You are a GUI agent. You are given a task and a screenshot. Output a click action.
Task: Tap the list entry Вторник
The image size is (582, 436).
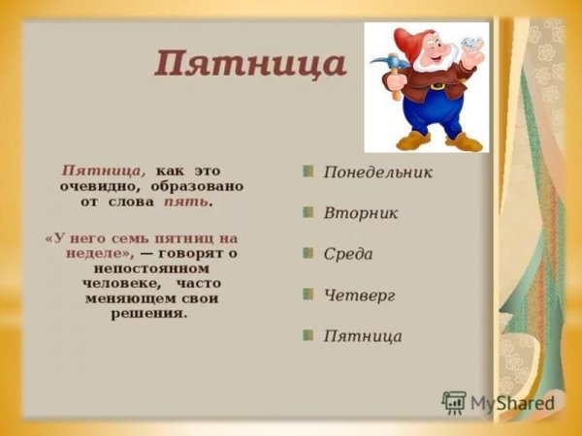click(361, 213)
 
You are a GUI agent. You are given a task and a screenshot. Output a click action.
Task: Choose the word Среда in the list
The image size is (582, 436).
click(348, 254)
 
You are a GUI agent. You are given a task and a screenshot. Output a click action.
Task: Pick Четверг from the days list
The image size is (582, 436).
click(360, 296)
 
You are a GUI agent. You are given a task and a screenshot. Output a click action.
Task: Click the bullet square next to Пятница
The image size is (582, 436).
click(307, 336)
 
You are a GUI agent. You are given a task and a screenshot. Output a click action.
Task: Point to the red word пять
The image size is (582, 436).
click(185, 203)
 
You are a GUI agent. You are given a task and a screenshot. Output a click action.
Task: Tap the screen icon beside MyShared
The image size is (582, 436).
click(454, 402)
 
